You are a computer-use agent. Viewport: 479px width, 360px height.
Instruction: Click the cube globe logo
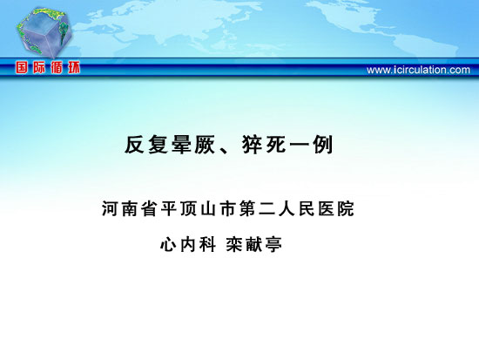tap(45, 32)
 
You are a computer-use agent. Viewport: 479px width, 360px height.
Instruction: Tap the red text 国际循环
tap(48, 67)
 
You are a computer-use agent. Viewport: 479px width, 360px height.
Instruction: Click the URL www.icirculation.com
tap(418, 70)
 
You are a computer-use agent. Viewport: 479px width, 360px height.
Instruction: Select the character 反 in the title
tap(134, 145)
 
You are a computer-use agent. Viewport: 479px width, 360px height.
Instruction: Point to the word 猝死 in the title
tap(264, 145)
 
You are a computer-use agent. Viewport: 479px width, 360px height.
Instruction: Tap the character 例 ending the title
tap(322, 145)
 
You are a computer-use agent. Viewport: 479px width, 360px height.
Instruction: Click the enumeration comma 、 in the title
tap(225, 150)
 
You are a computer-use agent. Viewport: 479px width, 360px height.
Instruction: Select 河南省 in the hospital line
tap(130, 208)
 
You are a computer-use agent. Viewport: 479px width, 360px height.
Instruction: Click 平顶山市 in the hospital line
tap(199, 208)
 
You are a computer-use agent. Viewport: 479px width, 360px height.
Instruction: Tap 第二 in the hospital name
tap(258, 208)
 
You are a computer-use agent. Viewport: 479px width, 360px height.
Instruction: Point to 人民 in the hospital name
tap(297, 208)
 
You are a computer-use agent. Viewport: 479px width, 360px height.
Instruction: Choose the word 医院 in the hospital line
tap(336, 208)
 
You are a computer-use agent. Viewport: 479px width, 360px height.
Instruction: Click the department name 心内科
tap(188, 244)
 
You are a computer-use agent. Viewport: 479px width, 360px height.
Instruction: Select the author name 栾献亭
tap(253, 244)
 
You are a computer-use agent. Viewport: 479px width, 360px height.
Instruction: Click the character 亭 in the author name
tap(273, 244)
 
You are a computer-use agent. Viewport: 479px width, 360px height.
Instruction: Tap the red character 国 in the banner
tap(22, 67)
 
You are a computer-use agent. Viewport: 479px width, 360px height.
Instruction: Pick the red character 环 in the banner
tap(74, 67)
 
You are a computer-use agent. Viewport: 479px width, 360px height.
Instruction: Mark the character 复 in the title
tap(158, 145)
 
